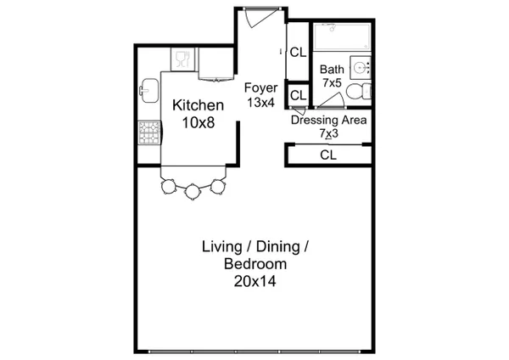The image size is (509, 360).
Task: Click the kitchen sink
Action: coord(149,90)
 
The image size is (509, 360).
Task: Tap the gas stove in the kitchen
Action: coord(149,132)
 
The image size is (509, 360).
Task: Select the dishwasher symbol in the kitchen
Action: coord(183,59)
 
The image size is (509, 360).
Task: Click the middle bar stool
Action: coord(193,191)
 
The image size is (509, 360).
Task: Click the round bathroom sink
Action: coord(361,68)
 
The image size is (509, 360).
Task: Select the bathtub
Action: coord(342,37)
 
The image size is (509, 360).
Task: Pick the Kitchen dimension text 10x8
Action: coord(199,123)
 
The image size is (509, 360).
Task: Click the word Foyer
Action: coord(260,88)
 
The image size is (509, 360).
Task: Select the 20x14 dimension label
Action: coord(255,281)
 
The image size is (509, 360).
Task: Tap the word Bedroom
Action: coord(255,264)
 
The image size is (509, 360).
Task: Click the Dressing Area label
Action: coord(329,120)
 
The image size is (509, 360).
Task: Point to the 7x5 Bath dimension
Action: coord(332,82)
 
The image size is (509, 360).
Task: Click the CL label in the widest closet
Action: coord(328,155)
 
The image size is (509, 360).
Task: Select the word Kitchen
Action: coord(198,105)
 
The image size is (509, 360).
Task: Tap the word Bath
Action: coord(332,70)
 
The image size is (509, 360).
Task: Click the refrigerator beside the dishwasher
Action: coord(215,64)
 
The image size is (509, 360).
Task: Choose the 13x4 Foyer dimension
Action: coord(261,103)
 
